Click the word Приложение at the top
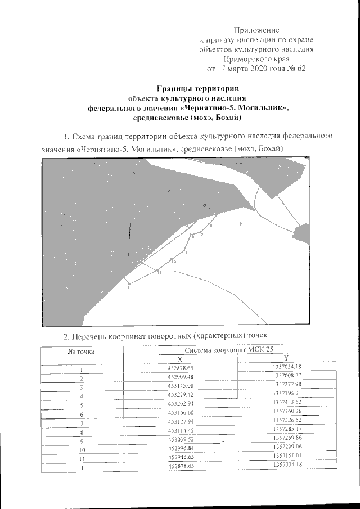[256, 30]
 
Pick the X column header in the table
[180, 359]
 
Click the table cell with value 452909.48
[181, 376]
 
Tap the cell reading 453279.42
[181, 394]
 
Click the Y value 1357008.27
[287, 375]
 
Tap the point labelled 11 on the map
[159, 272]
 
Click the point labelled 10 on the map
[174, 262]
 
